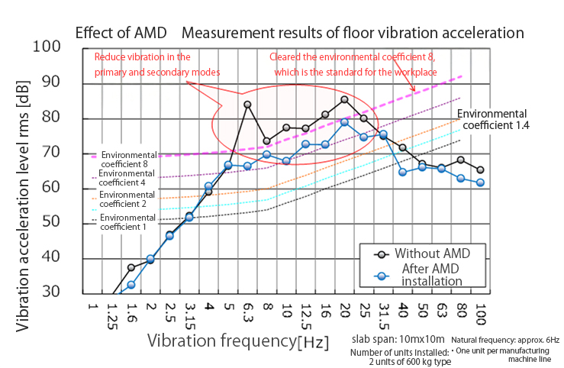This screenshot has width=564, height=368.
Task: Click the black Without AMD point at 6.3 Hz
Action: tap(247, 105)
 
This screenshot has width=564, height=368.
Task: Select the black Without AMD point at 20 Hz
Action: tap(344, 99)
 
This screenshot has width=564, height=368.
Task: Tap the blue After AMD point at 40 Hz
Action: tap(403, 172)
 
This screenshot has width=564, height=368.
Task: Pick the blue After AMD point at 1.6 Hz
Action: tap(131, 285)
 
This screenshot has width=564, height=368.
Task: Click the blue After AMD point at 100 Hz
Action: tap(480, 182)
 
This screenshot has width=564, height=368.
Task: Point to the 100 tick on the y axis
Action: tap(48, 47)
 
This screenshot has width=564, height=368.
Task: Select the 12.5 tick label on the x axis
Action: tap(306, 315)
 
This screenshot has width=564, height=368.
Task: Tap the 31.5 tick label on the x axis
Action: tap(384, 315)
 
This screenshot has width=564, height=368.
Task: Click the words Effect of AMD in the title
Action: tap(121, 34)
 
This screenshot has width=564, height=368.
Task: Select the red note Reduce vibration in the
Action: tap(141, 56)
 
